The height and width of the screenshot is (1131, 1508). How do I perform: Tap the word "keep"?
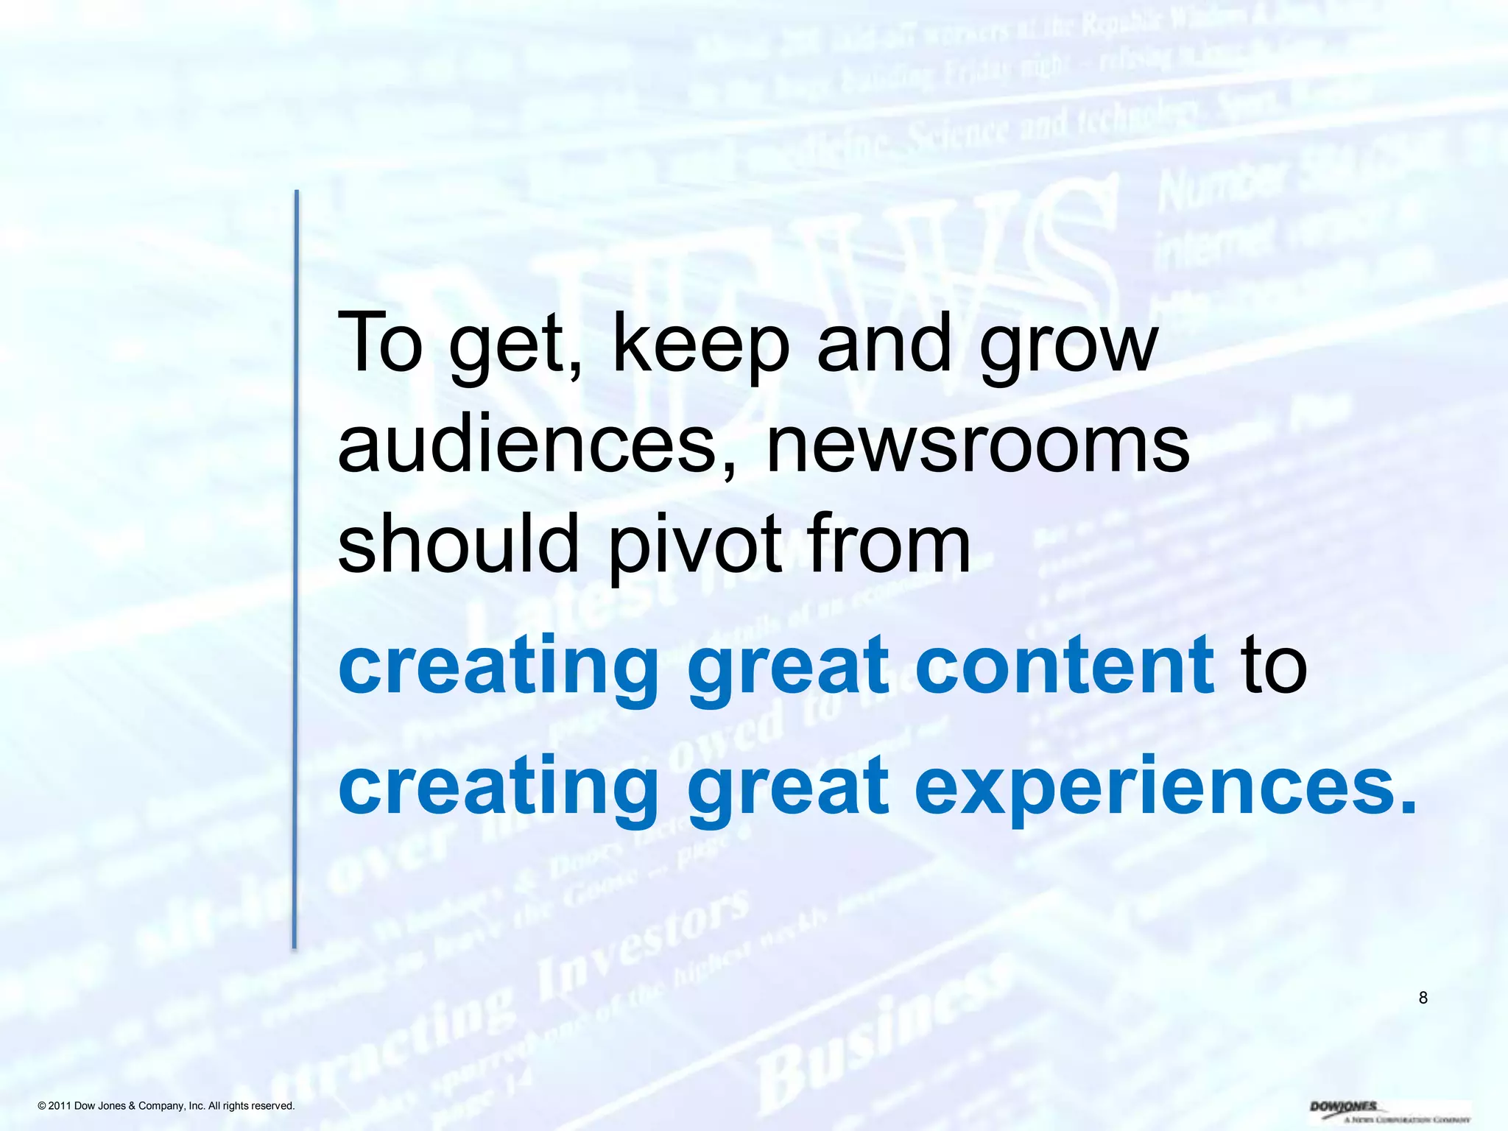coord(700,345)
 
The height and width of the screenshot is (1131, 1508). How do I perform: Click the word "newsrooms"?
coord(979,445)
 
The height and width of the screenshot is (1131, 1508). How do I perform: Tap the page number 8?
coord(1423,998)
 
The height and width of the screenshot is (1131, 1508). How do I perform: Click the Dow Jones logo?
coord(1388,1111)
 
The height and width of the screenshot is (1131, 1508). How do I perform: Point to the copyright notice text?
coord(166,1106)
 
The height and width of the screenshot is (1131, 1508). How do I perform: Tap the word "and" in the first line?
coord(884,343)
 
